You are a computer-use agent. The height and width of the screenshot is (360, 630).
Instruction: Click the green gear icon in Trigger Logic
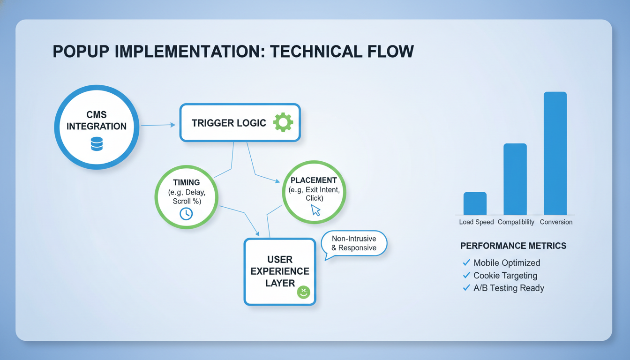pos(283,122)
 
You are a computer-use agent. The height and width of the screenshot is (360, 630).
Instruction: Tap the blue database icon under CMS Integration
pos(97,143)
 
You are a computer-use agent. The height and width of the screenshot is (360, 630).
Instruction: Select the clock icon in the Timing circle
pos(186,213)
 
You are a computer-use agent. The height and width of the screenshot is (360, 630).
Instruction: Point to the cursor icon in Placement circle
pos(316,210)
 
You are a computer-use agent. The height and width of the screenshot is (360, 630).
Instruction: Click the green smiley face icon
pos(303,292)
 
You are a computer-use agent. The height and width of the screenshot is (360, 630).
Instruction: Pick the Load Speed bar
pos(475,203)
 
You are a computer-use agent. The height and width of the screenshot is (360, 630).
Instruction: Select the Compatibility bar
pos(515,179)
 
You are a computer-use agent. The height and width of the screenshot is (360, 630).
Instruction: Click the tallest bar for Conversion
pos(555,153)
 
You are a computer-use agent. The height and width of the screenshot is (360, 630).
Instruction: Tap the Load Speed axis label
pos(476,222)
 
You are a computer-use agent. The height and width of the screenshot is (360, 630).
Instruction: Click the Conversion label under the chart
pos(556,222)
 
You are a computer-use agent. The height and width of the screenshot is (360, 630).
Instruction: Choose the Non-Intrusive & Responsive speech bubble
pos(354,243)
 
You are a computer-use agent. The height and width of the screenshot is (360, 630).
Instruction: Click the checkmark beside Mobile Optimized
pos(466,262)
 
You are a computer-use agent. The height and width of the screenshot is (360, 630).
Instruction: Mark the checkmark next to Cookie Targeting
pos(466,275)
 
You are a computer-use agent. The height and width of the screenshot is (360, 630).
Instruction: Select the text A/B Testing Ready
pos(509,288)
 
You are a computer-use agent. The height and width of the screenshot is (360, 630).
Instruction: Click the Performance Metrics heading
pos(513,246)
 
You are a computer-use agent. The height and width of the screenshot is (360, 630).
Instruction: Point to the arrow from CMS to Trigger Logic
pos(158,125)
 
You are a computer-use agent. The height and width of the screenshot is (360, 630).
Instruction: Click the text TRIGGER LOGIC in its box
pos(229,123)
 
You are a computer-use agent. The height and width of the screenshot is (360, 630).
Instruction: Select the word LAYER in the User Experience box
pos(280,283)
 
